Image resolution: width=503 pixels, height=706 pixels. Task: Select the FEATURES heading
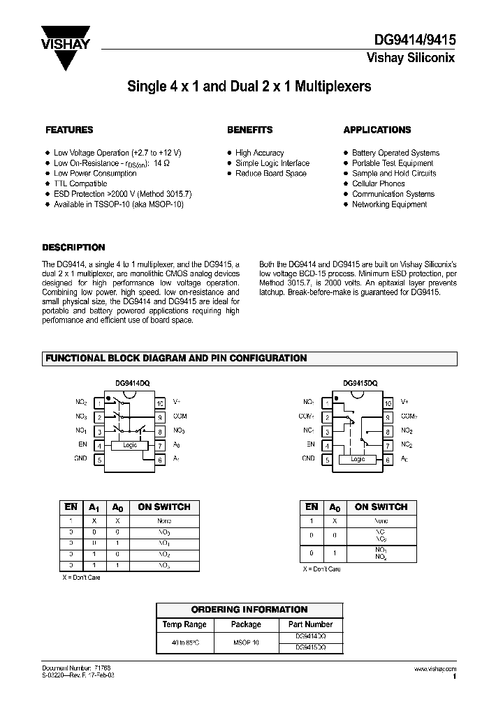[69, 130]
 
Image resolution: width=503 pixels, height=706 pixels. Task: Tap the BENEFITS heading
[249, 130]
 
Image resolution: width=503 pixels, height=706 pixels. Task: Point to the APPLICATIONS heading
[377, 130]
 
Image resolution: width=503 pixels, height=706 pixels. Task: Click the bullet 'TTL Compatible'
[80, 183]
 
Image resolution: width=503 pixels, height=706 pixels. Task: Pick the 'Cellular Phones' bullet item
[379, 183]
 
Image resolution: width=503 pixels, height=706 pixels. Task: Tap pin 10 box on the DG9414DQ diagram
[160, 403]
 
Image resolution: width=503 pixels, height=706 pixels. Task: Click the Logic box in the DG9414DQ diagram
[130, 444]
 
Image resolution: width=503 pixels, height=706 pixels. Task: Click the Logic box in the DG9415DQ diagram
[358, 459]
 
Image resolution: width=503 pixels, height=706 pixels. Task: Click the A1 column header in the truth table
[94, 507]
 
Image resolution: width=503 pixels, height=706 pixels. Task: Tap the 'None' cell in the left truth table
[164, 520]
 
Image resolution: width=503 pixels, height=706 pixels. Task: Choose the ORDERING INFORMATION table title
[249, 609]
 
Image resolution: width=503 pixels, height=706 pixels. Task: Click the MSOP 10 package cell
[246, 642]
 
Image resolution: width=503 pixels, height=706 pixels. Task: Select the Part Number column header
[310, 624]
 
